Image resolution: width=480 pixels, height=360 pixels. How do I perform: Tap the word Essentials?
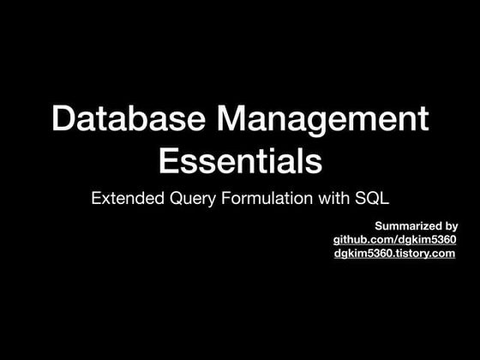coord(241,160)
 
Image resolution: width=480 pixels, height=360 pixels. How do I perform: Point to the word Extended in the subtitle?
coord(126,198)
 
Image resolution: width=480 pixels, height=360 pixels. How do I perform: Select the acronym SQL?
coord(372,198)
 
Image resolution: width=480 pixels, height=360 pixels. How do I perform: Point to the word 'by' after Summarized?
coord(450,226)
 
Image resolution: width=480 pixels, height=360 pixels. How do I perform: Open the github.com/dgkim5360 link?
coord(394,239)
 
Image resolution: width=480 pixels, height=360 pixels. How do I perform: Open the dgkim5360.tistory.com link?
coord(394,254)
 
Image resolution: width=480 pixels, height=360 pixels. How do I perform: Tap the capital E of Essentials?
coord(169,160)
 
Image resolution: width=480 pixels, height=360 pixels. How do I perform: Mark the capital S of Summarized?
coord(379,225)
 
